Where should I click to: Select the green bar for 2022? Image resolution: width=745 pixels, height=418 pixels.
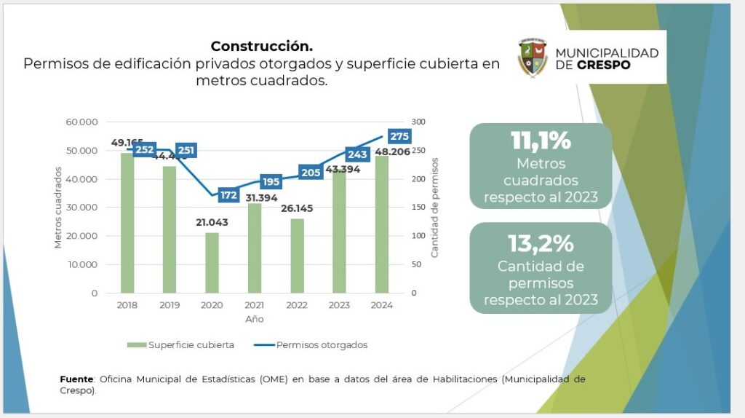coord(296,255)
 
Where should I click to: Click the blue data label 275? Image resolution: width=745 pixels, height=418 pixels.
coord(399,136)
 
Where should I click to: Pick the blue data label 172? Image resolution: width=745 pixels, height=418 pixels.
coord(229,195)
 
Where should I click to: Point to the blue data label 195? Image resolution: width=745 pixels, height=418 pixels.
coord(271,181)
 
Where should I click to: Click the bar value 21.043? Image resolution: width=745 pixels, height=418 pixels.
coord(212,222)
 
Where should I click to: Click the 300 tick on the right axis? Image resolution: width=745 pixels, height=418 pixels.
coord(419,122)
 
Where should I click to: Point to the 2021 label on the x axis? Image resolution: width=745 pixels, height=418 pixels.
coord(254,306)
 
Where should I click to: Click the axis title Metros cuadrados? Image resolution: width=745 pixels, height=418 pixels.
coord(57,208)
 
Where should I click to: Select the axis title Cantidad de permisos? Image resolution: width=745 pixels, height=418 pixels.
coord(435,208)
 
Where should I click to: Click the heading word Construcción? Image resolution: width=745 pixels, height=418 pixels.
coord(261,46)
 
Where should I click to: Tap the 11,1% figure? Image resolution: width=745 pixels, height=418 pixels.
coord(541,141)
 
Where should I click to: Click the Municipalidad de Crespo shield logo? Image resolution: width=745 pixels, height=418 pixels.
coord(533,57)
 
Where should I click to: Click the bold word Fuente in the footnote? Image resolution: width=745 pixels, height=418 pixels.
coord(76,379)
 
